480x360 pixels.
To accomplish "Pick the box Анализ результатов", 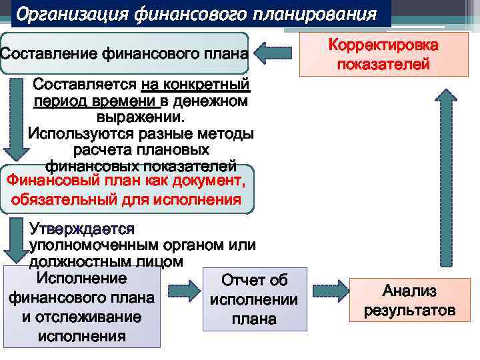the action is [409, 301].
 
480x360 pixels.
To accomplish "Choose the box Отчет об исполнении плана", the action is [254, 299].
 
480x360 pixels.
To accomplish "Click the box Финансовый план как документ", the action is [127, 189].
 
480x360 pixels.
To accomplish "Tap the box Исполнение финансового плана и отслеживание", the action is [81, 307].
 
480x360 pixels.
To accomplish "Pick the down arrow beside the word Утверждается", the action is [14, 239].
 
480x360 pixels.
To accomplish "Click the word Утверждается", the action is [82, 229].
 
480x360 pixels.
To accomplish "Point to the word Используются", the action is [80, 133].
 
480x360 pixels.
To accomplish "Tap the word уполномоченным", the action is [97, 245].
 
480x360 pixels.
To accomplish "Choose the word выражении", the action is [140, 117].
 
